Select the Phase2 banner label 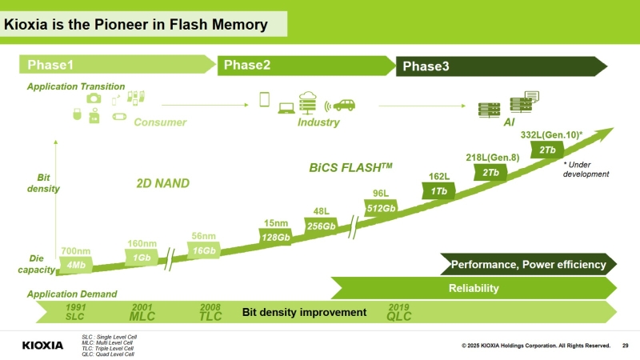tap(246, 65)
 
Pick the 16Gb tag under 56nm tap(204, 250)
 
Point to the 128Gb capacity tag tap(274, 237)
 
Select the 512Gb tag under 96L tap(381, 208)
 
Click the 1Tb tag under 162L tap(438, 191)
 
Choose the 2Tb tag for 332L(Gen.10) tap(547, 150)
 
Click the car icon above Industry tap(344, 105)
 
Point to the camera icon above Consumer tap(94, 98)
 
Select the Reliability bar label tap(474, 288)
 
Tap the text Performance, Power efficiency tap(529, 264)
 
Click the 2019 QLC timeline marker tap(398, 311)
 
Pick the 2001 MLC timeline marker tap(142, 311)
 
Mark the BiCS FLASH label tap(350, 168)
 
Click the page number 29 tap(625, 346)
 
